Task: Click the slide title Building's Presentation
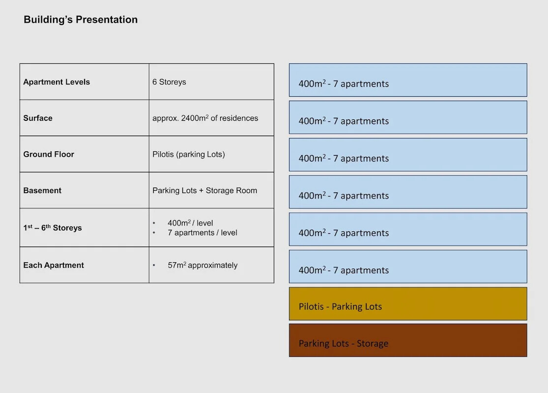pos(81,20)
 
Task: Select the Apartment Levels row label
pos(57,82)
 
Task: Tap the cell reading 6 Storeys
pos(169,82)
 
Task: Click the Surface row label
pos(38,118)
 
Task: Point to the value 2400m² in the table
pos(195,118)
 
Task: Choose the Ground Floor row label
pos(49,154)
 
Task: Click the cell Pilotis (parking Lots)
pos(189,154)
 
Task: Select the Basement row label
pos(42,191)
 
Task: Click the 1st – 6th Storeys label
pos(53,228)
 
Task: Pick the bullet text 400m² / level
pos(190,223)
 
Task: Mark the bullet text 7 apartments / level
pos(202,233)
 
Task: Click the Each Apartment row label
pos(54,265)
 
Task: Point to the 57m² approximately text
pos(202,265)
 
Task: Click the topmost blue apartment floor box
pos(408,80)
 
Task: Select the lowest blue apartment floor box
pos(408,267)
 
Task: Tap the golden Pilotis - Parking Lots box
pos(408,304)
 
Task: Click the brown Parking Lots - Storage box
pos(408,340)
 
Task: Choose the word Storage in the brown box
pos(372,344)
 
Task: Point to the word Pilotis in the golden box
pos(311,307)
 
